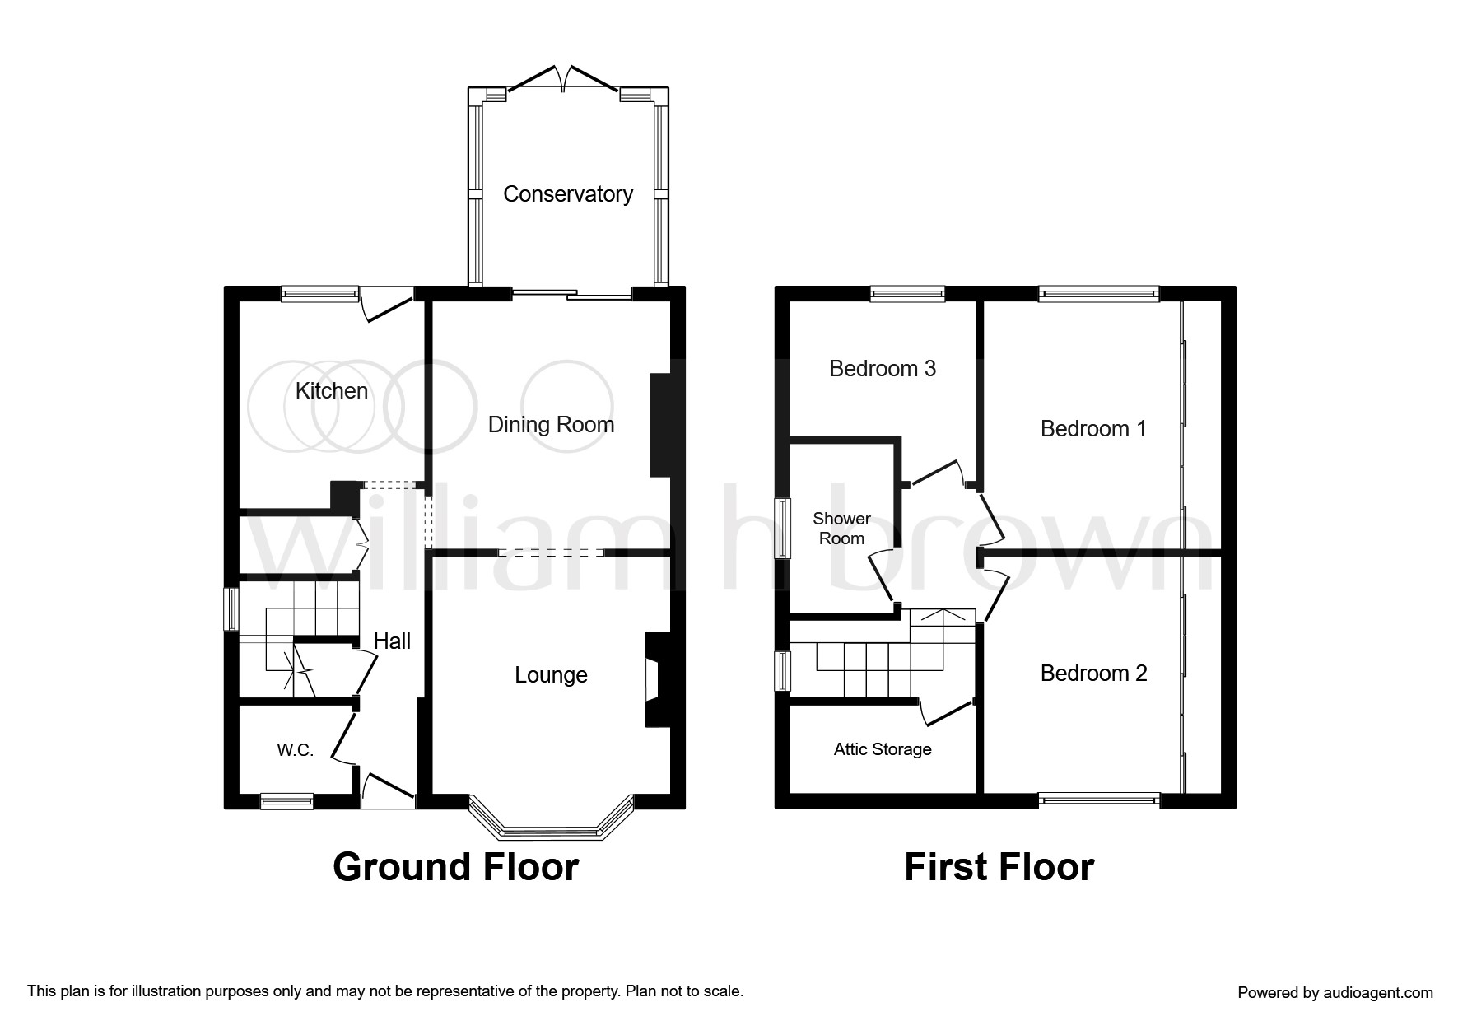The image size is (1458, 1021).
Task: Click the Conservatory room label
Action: coord(568,194)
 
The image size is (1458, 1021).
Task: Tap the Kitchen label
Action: coord(332,390)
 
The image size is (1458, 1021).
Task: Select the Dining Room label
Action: coord(551,425)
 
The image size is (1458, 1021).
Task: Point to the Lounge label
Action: coord(551,675)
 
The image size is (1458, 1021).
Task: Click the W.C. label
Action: coord(295,750)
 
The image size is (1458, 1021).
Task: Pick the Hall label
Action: coord(392,641)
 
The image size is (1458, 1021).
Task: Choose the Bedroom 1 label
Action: coord(1093,428)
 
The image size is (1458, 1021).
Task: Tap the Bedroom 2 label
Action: coord(1093,674)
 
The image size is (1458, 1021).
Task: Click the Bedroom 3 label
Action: coord(883,368)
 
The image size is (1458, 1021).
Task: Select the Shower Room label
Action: coord(841,529)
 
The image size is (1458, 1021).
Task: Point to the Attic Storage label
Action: coord(883,749)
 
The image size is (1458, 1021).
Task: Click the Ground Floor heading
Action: coord(456,867)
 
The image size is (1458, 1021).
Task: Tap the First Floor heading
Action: coord(999,867)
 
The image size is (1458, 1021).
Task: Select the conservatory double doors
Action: coord(564,79)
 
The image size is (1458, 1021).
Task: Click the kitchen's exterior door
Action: coord(387,304)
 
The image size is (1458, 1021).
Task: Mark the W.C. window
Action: coord(287,800)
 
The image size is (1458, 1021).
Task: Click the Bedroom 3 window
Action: coord(908,294)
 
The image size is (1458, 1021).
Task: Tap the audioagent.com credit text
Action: coord(1335,993)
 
